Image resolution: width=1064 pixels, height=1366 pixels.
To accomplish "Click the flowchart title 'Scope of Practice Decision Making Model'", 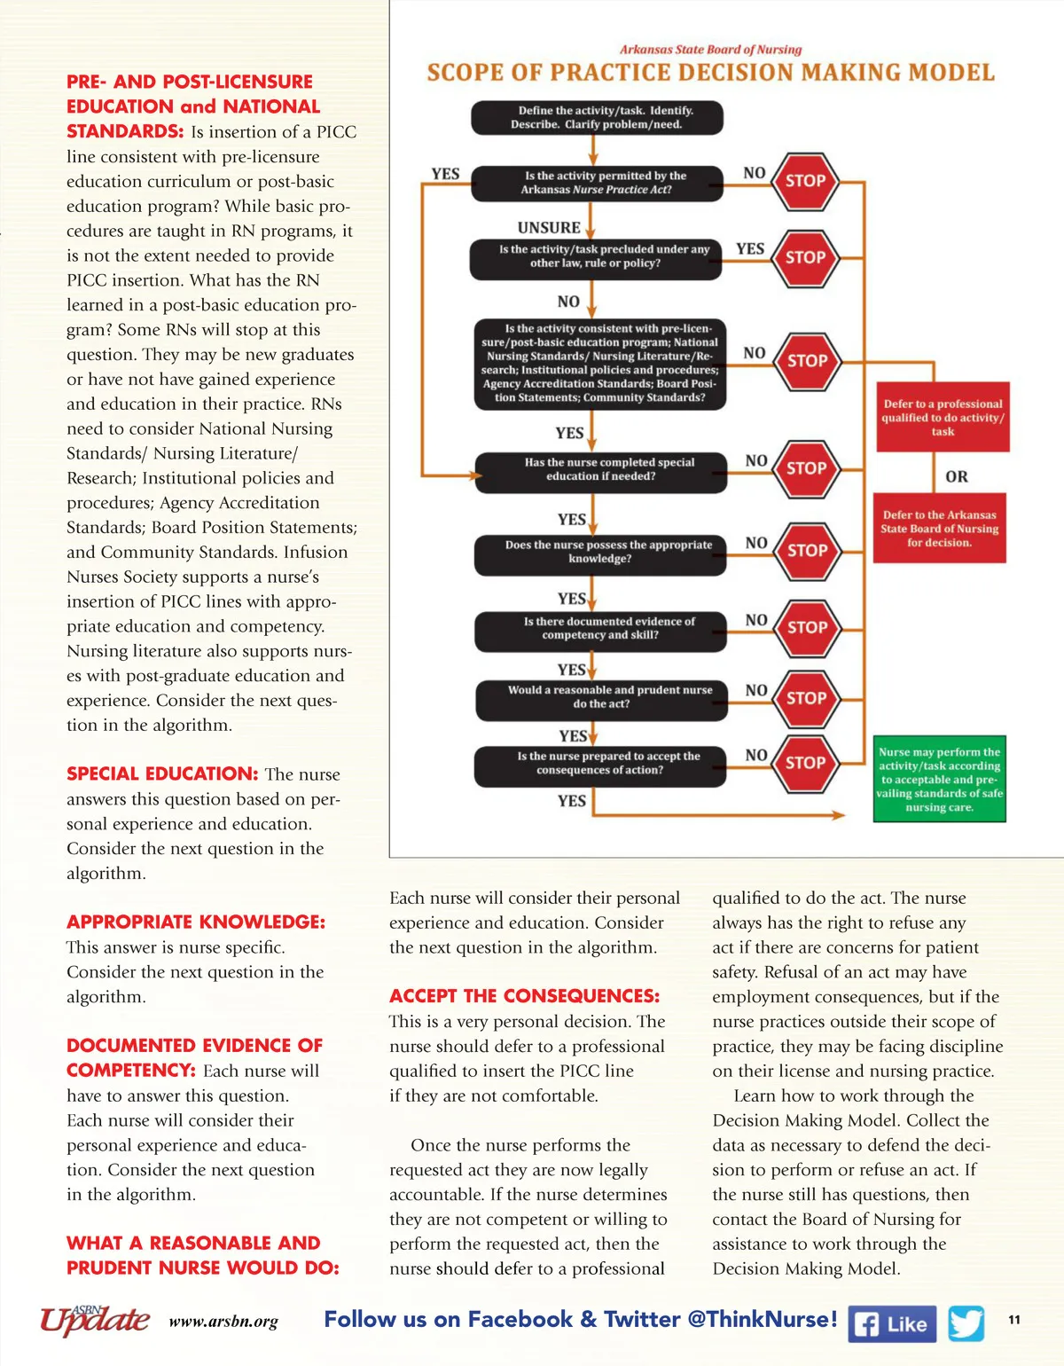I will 710,73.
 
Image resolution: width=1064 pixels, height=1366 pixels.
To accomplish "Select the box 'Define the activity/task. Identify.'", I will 597,117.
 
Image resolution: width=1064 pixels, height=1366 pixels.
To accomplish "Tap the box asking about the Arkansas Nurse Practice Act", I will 597,183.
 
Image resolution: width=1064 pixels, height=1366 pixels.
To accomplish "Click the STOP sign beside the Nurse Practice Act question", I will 805,181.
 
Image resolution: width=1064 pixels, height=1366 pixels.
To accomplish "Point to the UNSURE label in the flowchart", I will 549,228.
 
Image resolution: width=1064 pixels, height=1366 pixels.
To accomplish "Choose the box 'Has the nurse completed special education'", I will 601,470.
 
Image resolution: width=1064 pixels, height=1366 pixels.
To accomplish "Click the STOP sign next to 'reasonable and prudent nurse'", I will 806,698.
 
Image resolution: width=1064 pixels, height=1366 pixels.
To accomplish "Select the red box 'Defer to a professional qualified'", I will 942,417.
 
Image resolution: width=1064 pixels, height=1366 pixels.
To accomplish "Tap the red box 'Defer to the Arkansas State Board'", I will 939,529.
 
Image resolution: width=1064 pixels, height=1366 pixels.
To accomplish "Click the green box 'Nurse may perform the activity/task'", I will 939,780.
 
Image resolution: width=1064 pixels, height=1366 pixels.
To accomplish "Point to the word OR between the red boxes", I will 956,476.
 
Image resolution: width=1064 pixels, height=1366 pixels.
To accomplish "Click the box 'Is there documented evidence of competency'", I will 600,628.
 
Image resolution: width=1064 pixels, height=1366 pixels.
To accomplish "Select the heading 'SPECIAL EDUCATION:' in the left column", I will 162,773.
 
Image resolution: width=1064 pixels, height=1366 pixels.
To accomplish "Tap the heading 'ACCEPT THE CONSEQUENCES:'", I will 524,996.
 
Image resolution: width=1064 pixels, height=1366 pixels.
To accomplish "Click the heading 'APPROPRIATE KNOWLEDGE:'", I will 196,922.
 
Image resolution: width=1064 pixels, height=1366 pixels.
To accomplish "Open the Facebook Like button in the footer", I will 892,1324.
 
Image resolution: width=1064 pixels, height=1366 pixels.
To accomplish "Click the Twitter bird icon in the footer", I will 966,1323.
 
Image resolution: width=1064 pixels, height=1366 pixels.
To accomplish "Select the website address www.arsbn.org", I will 223,1322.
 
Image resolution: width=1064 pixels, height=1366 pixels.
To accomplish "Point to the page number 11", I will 1014,1320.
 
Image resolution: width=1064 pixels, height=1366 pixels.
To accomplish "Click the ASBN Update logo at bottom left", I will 94,1320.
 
